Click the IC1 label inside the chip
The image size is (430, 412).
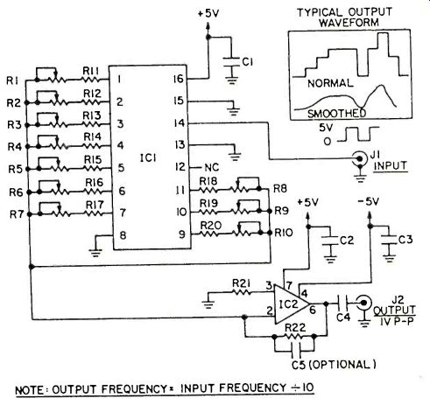148,158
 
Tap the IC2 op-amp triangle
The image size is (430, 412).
292,304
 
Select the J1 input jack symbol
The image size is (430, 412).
360,159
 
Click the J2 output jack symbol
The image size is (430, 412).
364,303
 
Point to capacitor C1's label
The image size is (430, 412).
247,62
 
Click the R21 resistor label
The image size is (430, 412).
242,283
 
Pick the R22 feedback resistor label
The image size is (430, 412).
295,328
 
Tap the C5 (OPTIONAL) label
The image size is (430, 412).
334,365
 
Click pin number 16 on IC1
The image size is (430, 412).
178,79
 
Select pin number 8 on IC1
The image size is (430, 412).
123,235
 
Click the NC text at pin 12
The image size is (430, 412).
212,167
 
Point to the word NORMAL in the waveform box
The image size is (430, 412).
330,84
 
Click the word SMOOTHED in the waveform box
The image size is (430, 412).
337,113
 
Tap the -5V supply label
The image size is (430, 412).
369,202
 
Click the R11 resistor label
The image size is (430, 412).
91,71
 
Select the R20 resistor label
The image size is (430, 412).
211,226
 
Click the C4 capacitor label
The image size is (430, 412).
343,318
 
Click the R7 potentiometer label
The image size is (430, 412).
17,214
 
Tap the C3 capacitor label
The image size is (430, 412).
405,240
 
